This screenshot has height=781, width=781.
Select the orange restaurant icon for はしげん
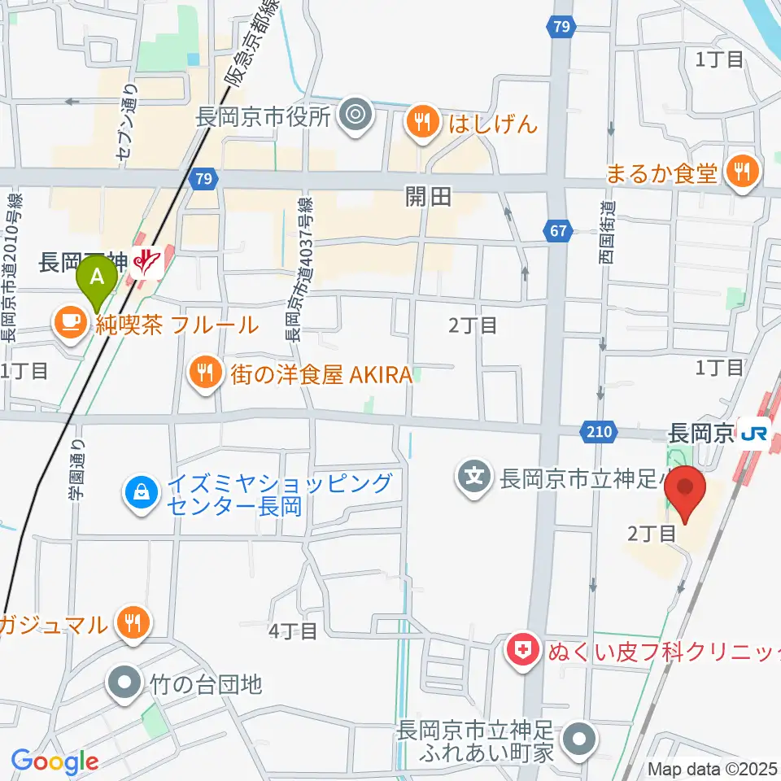(x=421, y=123)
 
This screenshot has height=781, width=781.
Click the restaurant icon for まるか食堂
(x=740, y=172)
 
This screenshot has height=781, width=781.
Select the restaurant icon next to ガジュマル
(x=130, y=624)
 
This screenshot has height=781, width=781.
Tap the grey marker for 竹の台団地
(x=125, y=683)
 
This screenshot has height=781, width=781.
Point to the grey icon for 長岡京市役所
(x=356, y=116)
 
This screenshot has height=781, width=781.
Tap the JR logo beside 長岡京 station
(x=753, y=434)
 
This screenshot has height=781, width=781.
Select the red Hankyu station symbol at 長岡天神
(x=146, y=262)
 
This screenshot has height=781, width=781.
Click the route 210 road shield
(x=597, y=433)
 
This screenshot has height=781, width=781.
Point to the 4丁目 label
(x=293, y=631)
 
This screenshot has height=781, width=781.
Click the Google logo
(x=55, y=761)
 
